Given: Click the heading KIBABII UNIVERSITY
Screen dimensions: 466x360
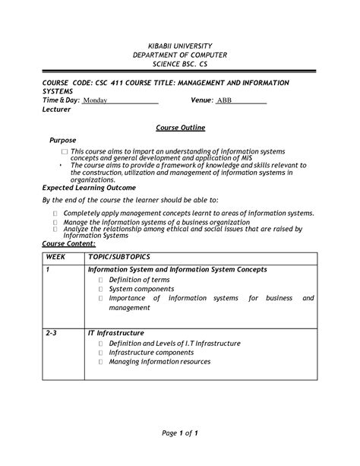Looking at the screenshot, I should pyautogui.click(x=179, y=46).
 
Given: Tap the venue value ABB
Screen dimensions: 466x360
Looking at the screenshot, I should pyautogui.click(x=225, y=100).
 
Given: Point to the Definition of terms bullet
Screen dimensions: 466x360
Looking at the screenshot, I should pyautogui.click(x=139, y=280).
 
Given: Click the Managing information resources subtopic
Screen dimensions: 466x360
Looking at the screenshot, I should pyautogui.click(x=159, y=362).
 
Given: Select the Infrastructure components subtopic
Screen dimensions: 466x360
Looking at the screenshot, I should pyautogui.click(x=151, y=353).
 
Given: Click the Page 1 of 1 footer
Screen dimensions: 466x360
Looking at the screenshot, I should pyautogui.click(x=180, y=433).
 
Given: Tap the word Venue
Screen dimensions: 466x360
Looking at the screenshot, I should pyautogui.click(x=201, y=100).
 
